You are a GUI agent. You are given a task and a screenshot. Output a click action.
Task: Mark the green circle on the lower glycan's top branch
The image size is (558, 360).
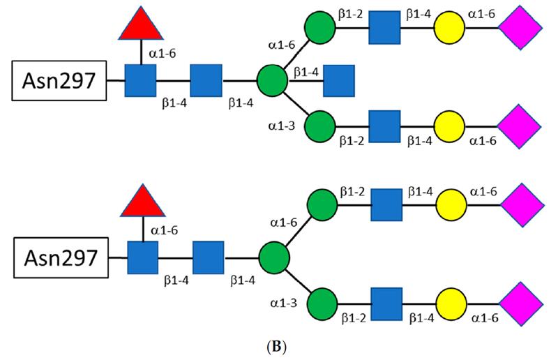pos(319,206)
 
